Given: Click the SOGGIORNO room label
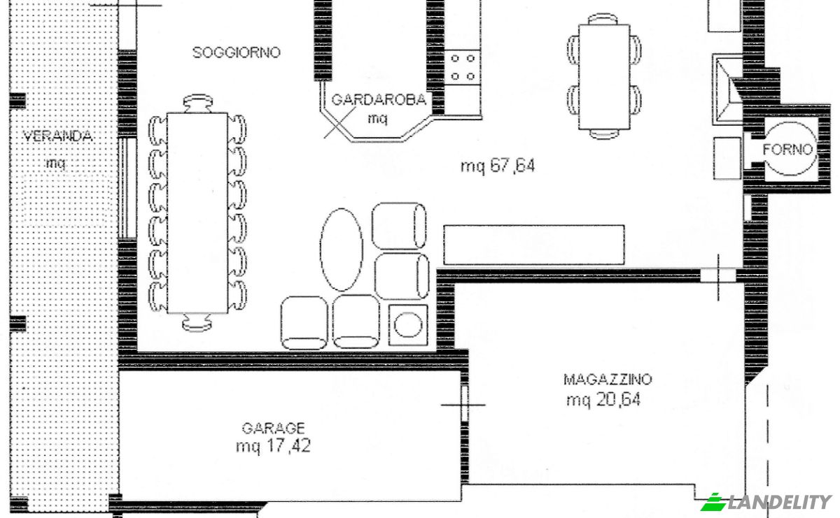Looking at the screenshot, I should tap(237, 52).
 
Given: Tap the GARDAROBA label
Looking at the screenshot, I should tap(378, 100).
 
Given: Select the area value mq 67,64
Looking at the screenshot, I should tap(498, 166).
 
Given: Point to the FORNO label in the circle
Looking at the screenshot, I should tap(788, 149).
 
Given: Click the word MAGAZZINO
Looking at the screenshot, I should tap(608, 380).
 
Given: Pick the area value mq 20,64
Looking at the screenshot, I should tap(603, 401).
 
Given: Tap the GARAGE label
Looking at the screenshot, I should tap(273, 428).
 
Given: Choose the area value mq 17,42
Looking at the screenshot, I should tap(273, 446).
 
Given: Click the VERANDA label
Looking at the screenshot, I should tap(57, 136).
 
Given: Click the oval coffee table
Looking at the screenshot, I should tap(342, 249).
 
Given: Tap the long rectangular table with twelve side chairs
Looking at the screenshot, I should tap(197, 213).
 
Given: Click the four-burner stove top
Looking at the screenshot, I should tap(463, 67).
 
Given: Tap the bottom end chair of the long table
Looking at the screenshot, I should tap(197, 322).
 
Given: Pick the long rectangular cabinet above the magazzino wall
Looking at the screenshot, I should tap(533, 245).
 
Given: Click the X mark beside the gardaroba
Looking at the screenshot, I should tap(338, 125).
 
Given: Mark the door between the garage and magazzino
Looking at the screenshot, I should tap(464, 403).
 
